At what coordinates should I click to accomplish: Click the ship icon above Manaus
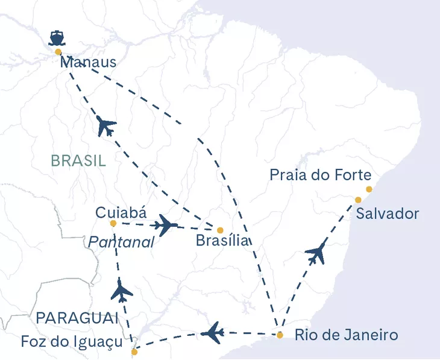56,37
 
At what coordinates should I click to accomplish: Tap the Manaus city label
87,63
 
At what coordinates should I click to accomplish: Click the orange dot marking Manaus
58,52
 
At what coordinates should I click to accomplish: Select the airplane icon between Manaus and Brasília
106,127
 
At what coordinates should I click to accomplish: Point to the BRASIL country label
78,160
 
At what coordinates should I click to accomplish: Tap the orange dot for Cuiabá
113,224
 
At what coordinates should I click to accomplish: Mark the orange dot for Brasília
220,230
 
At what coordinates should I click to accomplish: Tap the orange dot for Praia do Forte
369,189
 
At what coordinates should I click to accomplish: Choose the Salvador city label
388,214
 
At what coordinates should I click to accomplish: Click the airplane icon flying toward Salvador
316,254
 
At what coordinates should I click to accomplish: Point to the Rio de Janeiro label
346,335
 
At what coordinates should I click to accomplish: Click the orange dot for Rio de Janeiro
280,335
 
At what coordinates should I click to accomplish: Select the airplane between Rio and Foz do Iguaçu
213,332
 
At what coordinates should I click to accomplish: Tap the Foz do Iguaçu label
72,341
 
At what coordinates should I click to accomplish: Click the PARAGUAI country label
76,318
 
